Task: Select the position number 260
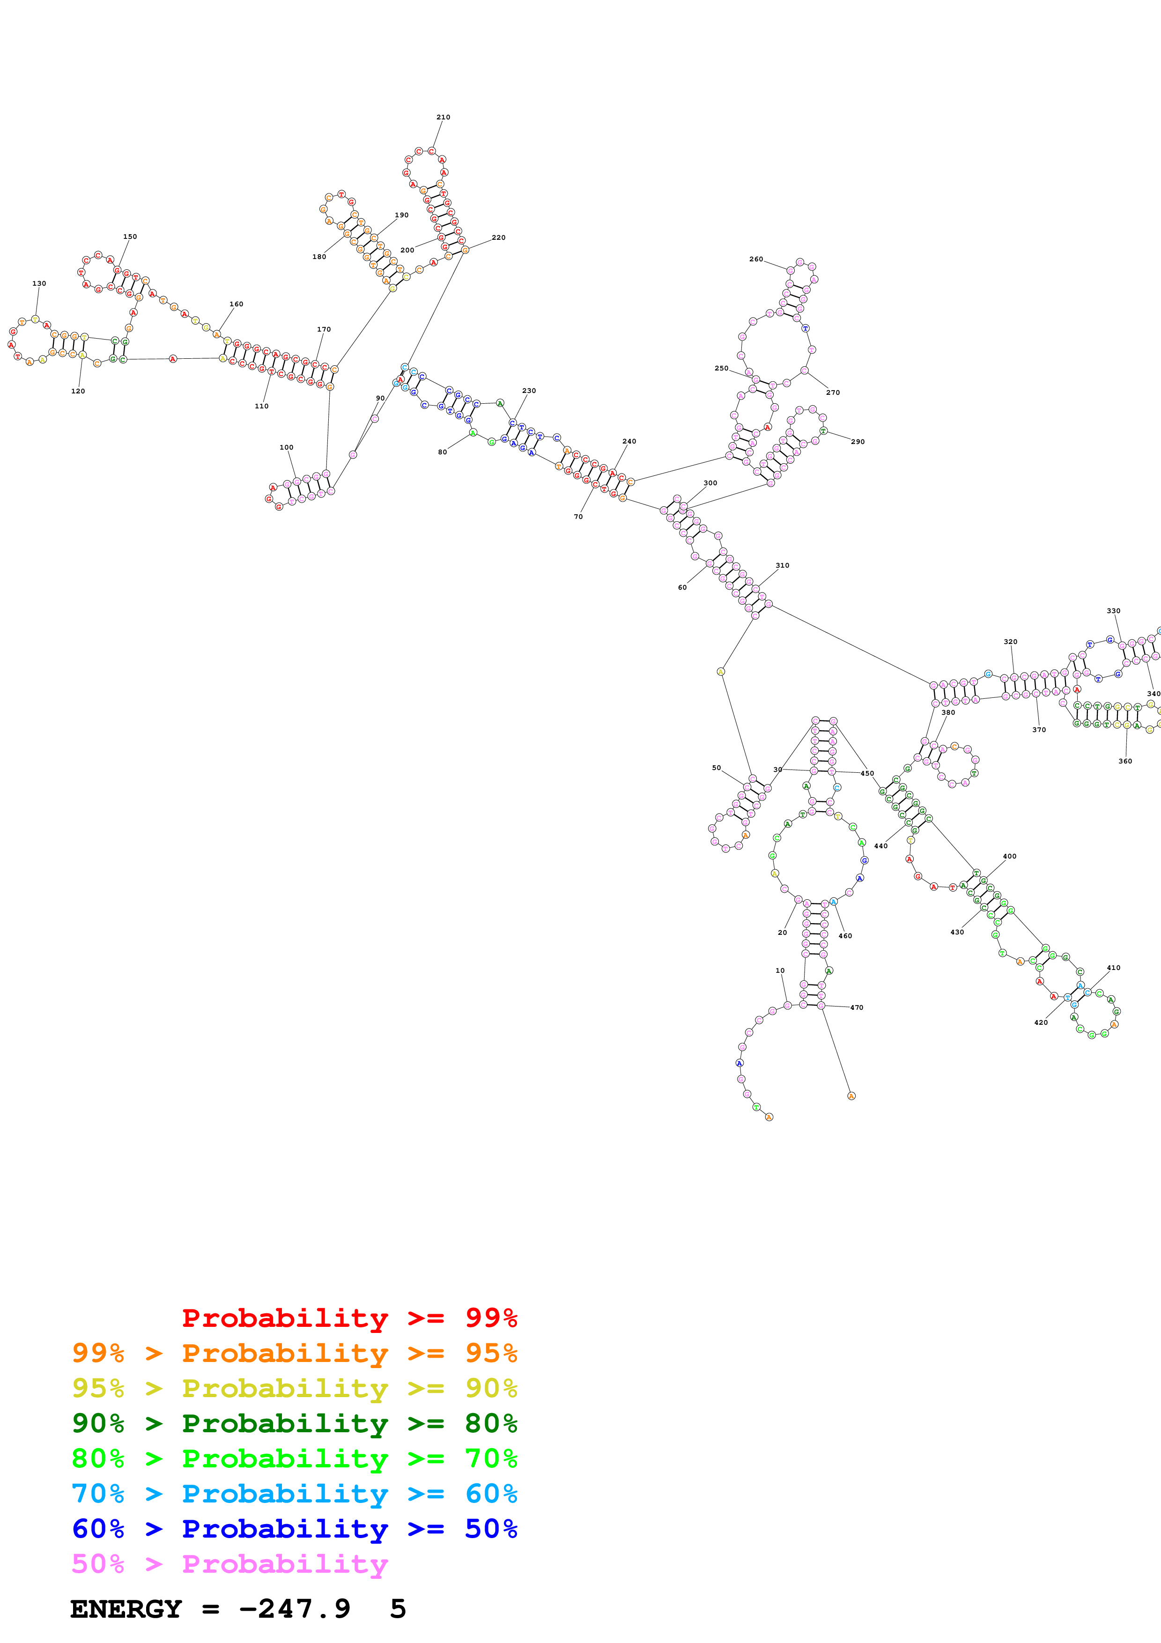[x=755, y=259]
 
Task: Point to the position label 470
[x=856, y=1007]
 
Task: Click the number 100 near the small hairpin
[x=286, y=447]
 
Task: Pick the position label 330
[x=1113, y=611]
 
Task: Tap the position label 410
[x=1113, y=968]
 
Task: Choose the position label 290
[x=858, y=442]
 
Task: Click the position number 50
[x=716, y=768]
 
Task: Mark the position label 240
[x=629, y=442]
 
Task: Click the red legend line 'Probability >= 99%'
[x=349, y=1318]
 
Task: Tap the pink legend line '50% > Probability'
[x=229, y=1564]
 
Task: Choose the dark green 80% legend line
[x=294, y=1423]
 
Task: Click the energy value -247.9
[x=294, y=1609]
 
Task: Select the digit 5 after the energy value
[x=398, y=1609]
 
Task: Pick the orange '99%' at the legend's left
[x=98, y=1353]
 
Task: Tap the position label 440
[x=880, y=846]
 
